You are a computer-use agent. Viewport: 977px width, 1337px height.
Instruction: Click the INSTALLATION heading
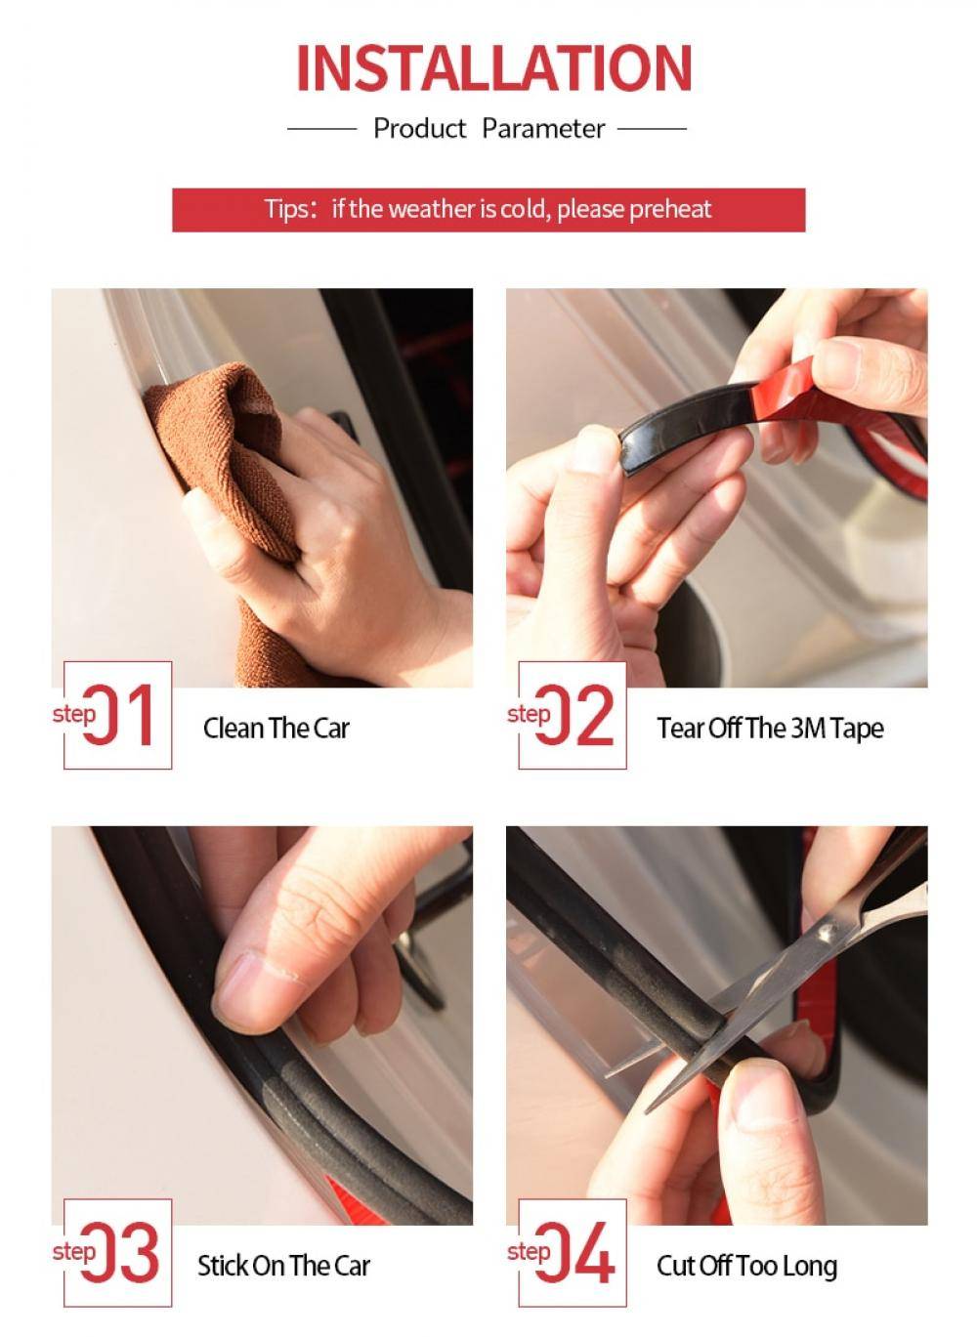pos(494,68)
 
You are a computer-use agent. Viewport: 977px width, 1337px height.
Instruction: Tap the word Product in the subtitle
pos(419,128)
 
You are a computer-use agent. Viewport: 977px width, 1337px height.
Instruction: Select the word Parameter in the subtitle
pos(543,128)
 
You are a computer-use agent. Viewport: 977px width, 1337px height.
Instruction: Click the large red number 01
pos(118,715)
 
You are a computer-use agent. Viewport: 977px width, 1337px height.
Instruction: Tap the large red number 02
pos(574,715)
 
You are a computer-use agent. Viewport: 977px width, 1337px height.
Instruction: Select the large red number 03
pos(120,1252)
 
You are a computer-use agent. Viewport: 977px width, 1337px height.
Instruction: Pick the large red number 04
pos(575,1252)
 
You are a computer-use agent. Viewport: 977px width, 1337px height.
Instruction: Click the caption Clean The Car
pos(276,729)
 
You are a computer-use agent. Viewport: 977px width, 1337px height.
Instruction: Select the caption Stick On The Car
pos(283,1266)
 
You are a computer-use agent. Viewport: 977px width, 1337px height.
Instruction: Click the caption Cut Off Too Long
pos(746,1266)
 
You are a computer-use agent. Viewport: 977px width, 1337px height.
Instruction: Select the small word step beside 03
pos(74,1253)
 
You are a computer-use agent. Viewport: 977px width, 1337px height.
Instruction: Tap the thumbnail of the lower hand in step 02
pos(591,450)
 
